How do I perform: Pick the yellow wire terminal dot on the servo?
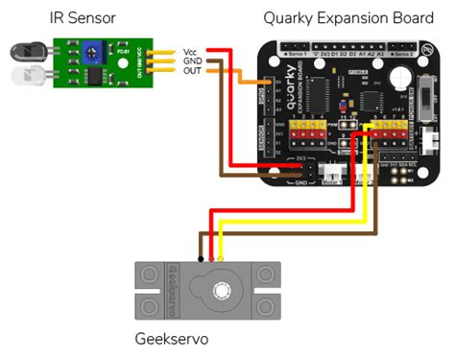(222, 258)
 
